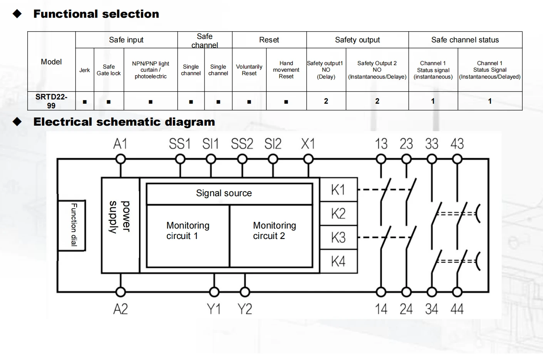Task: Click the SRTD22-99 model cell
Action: coord(51,101)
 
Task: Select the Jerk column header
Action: coord(85,70)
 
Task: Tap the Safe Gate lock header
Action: coord(109,70)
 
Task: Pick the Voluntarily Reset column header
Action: coord(249,70)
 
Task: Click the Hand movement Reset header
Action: coord(286,70)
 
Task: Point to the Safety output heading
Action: coord(357,40)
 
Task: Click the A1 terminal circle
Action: coord(121,160)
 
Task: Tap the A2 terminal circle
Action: coord(121,292)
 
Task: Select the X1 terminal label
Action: coord(308,144)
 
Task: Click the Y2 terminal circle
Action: coord(245,292)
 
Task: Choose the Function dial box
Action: coord(72,225)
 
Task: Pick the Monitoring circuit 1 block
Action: coord(188,236)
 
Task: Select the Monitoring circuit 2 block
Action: coord(271,236)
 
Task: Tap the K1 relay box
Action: coord(339,190)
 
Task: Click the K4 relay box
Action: coord(339,261)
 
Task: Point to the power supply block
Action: coord(120,225)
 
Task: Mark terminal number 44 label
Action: coord(457,309)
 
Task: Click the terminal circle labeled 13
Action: coord(381,160)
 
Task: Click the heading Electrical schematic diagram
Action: coord(124,122)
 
